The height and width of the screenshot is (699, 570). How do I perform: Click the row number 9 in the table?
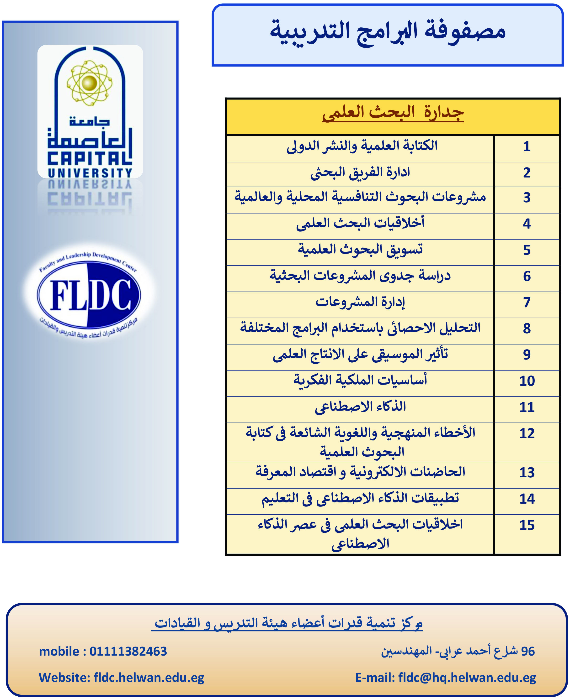point(527,355)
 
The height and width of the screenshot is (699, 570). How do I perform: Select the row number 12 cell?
point(527,433)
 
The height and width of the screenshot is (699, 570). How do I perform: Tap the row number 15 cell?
point(527,525)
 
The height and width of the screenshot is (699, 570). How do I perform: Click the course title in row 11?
point(360,407)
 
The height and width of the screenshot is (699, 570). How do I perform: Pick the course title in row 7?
point(360,302)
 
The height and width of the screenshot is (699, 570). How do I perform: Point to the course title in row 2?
point(360,172)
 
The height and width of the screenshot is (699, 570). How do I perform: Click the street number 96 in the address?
point(528,652)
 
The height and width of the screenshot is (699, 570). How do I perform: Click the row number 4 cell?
point(527,224)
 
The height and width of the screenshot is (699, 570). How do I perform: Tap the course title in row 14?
point(360,499)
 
